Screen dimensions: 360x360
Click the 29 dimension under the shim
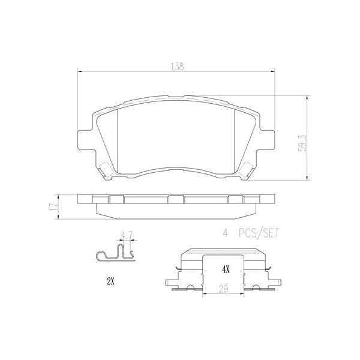(224, 289)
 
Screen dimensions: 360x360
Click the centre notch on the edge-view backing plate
(176, 199)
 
